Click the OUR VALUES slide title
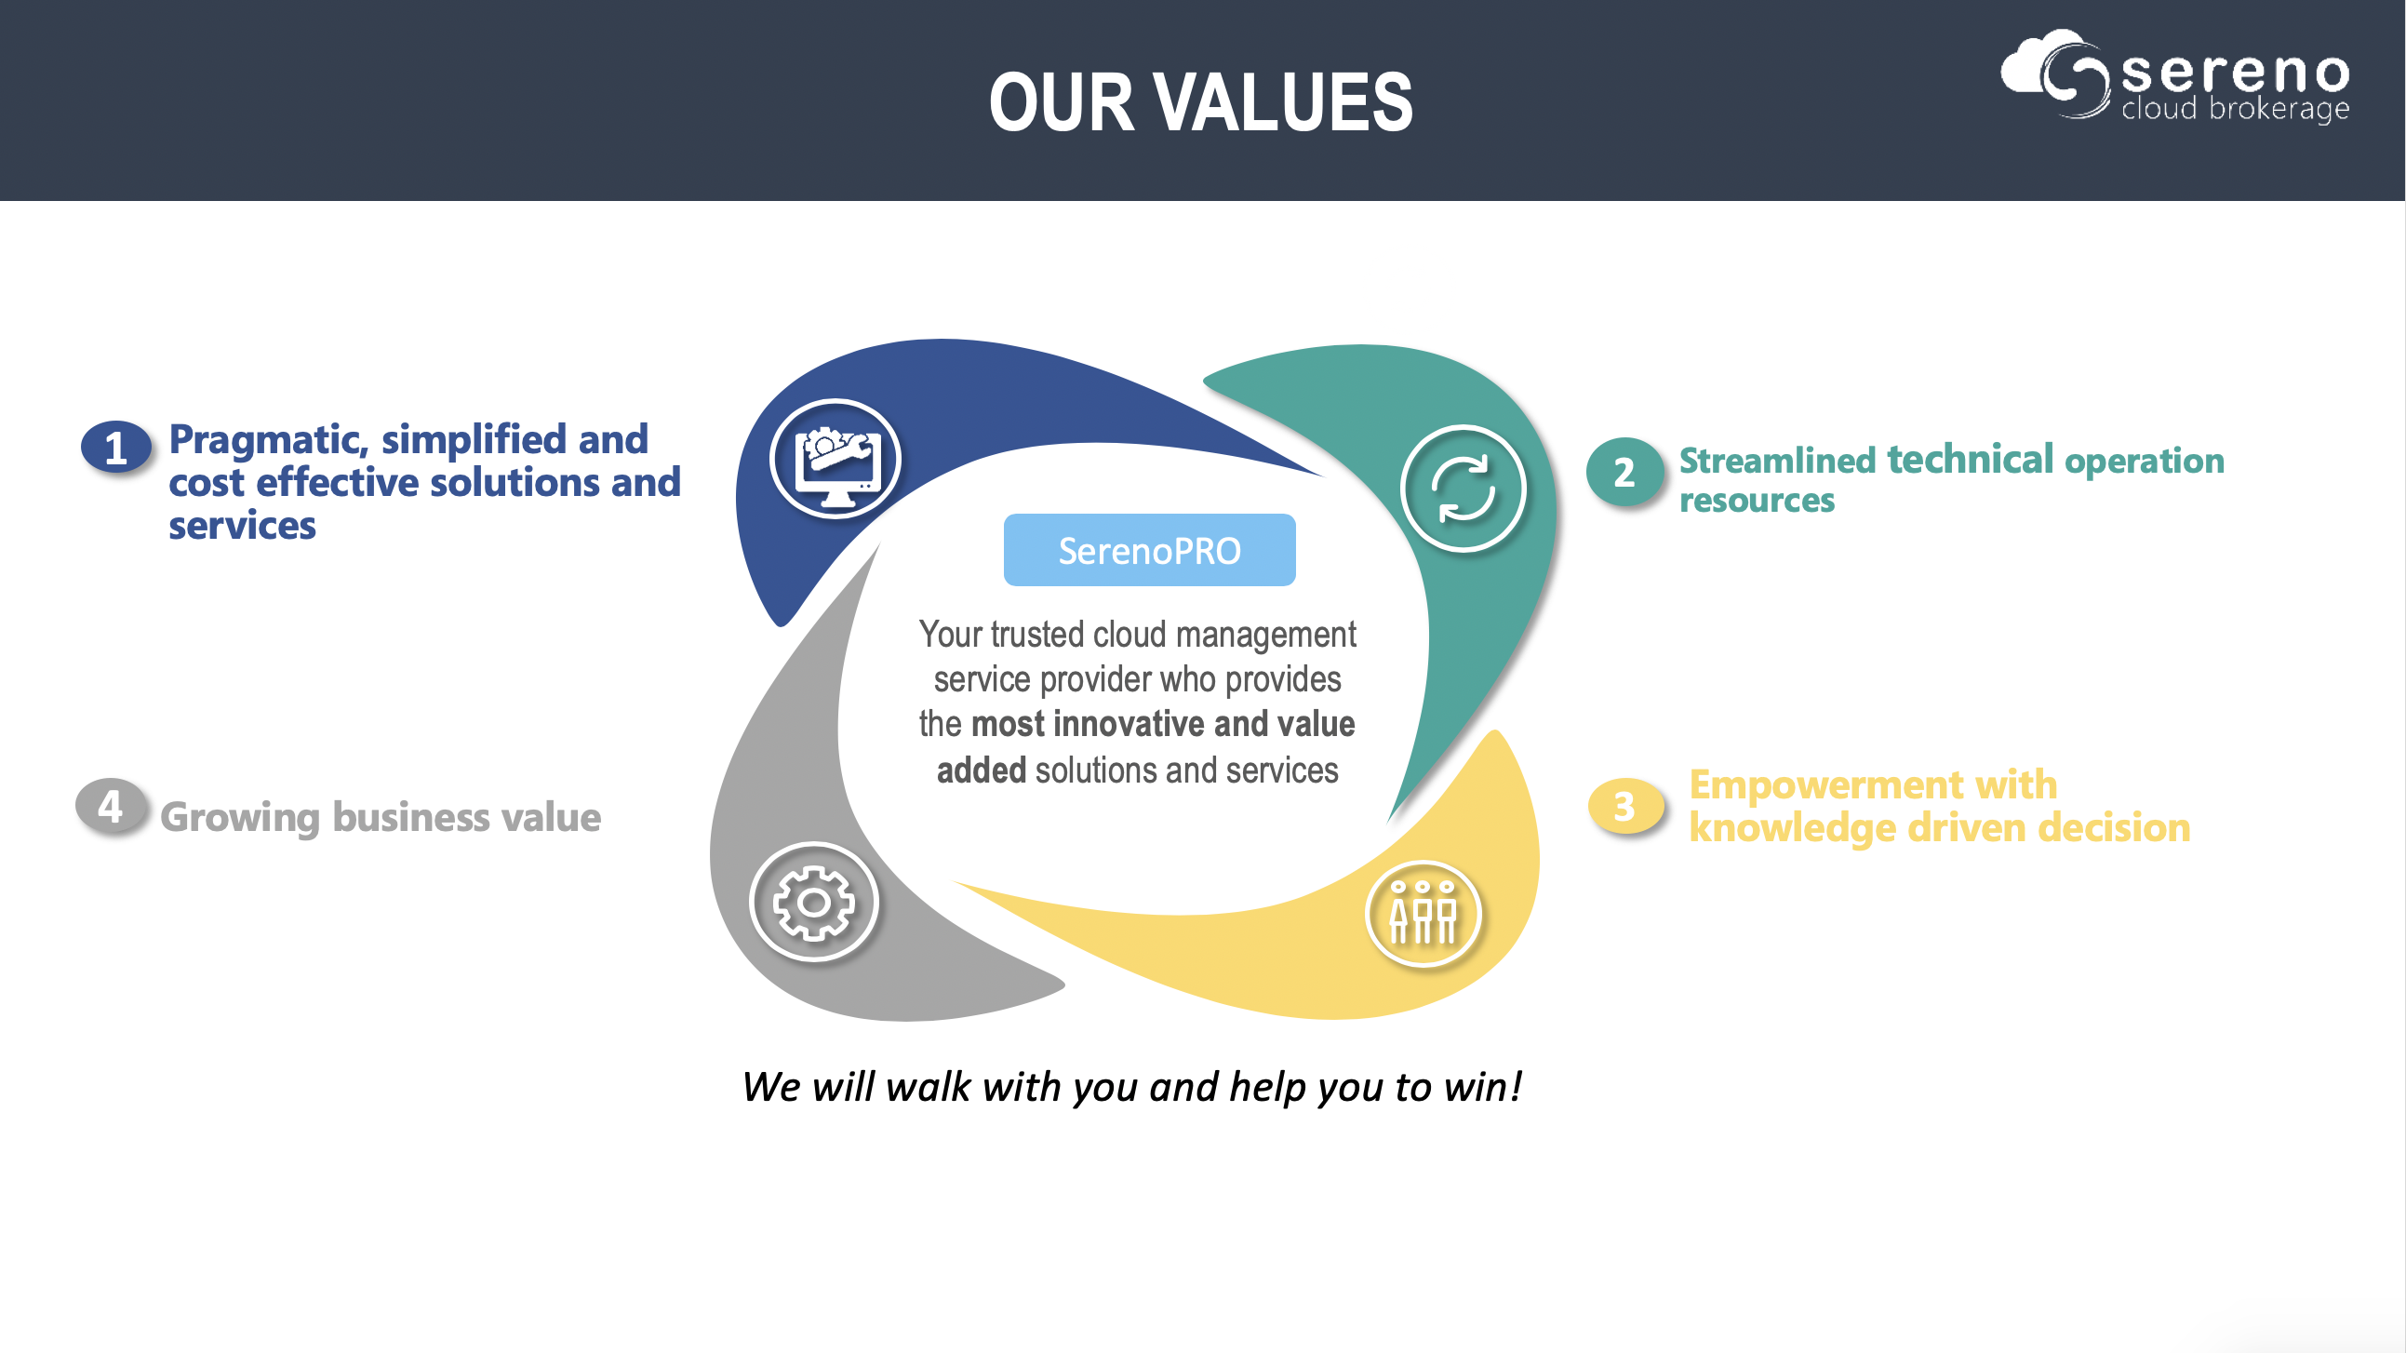click(x=1201, y=101)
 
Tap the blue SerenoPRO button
click(x=1150, y=550)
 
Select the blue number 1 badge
click(x=115, y=447)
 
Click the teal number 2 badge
click(x=1624, y=472)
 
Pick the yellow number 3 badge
click(x=1625, y=806)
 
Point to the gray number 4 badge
click(x=111, y=806)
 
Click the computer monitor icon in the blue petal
click(x=835, y=459)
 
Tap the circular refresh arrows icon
click(x=1464, y=489)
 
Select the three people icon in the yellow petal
click(x=1424, y=913)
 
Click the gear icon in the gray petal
click(x=813, y=902)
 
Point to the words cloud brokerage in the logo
click(x=2235, y=108)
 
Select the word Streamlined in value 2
click(x=1777, y=460)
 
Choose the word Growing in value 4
click(x=240, y=818)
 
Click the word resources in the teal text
click(x=1757, y=501)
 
